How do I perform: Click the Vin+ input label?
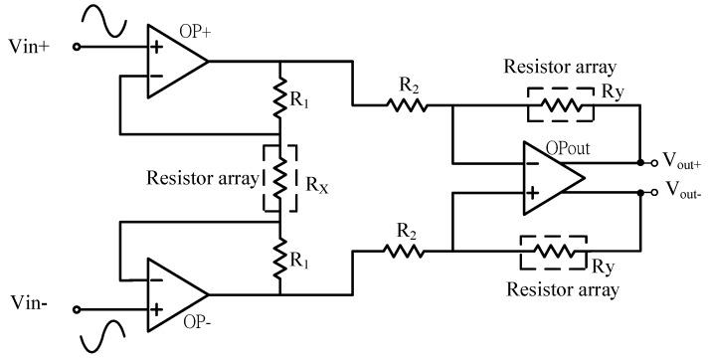click(28, 46)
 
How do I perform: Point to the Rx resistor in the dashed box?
click(280, 178)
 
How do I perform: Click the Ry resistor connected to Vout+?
click(559, 104)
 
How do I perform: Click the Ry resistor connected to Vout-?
click(553, 251)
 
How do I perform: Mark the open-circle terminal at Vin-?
click(76, 300)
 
